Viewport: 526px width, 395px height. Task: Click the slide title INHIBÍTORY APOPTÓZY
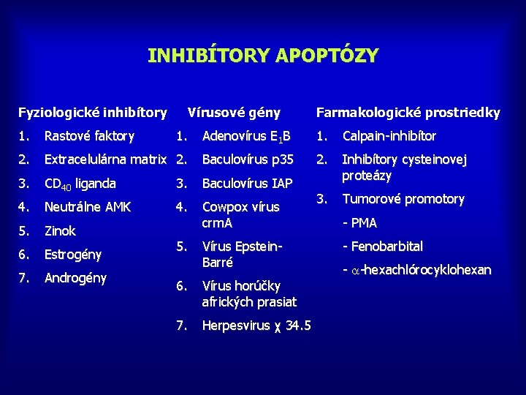tap(263, 56)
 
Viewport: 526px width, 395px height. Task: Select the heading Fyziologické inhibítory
tap(92, 113)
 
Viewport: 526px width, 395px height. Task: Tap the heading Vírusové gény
tap(234, 113)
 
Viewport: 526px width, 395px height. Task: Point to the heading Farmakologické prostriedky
tap(408, 113)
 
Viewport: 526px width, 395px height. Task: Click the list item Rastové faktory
tap(89, 136)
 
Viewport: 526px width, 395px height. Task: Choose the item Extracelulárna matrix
tap(107, 159)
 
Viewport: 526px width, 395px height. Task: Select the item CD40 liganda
tap(80, 184)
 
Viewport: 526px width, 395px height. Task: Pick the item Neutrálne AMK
tap(88, 207)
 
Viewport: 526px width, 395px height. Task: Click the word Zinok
tap(60, 231)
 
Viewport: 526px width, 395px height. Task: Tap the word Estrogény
tap(73, 255)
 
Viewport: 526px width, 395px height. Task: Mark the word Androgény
tap(75, 278)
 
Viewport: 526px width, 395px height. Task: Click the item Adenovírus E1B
tap(246, 137)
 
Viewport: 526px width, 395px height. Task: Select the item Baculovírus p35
tap(248, 159)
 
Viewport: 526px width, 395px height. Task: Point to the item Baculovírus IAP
tap(247, 184)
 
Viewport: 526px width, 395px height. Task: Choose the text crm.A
tap(217, 222)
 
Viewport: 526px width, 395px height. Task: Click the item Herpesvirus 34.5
tap(256, 326)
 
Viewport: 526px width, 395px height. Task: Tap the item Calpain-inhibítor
tap(389, 136)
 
